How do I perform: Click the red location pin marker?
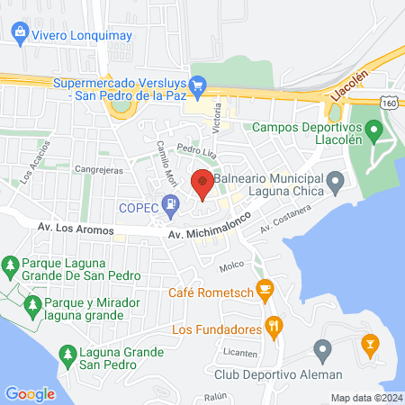(x=202, y=183)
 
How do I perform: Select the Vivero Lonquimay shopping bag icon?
(x=20, y=34)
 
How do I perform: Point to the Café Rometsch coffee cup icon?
(x=264, y=289)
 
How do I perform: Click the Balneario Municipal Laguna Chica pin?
(x=335, y=185)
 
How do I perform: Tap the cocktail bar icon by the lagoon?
(x=368, y=343)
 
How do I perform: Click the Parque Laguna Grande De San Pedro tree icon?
(x=11, y=265)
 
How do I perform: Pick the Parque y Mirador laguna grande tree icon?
(x=32, y=304)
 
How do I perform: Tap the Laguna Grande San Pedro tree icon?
(x=66, y=353)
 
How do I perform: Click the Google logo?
(x=30, y=393)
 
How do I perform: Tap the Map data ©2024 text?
(x=364, y=397)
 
